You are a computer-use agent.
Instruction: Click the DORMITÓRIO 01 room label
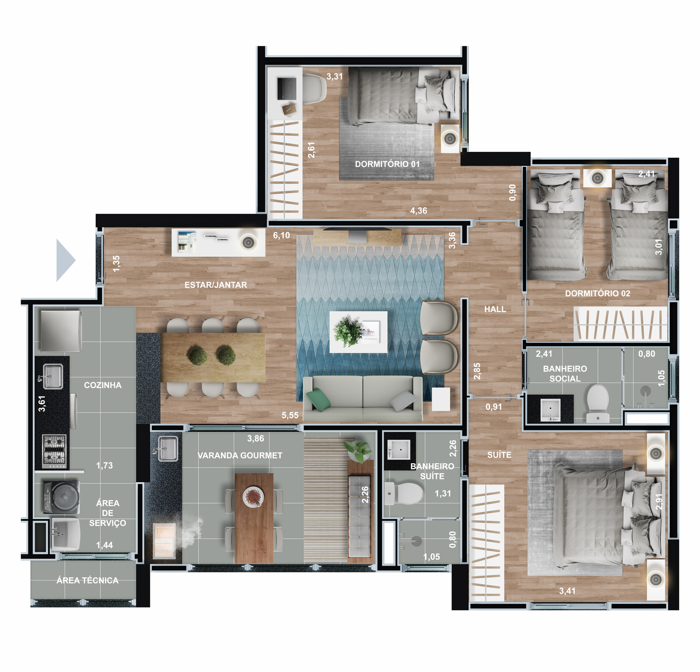point(387,164)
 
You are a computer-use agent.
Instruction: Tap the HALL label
point(495,309)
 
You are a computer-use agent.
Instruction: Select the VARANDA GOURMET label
point(240,455)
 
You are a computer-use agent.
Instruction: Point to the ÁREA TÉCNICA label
point(87,580)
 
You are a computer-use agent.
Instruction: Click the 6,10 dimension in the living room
point(281,235)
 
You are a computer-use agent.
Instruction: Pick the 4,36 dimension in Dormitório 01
point(419,211)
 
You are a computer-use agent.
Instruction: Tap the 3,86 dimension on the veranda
point(255,438)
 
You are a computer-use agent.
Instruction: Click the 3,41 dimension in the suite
point(567,591)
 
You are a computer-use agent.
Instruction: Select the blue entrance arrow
point(66,260)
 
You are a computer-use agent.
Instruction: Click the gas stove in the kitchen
point(54,451)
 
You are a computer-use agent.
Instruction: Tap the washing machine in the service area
point(61,497)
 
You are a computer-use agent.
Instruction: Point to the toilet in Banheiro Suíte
point(405,493)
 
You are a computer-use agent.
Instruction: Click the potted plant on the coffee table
point(348,331)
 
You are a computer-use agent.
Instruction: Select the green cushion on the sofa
point(318,399)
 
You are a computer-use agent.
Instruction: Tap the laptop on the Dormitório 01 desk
point(287,88)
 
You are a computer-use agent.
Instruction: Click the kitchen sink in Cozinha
point(53,376)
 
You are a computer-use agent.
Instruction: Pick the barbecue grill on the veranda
point(165,541)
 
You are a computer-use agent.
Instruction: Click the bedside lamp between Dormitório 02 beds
point(598,178)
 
